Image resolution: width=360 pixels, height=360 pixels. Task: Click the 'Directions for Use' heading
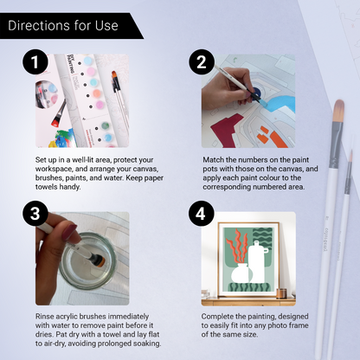[x=63, y=25]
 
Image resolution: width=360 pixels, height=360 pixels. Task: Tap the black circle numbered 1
[x=35, y=61]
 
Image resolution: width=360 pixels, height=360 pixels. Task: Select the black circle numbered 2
[x=202, y=61]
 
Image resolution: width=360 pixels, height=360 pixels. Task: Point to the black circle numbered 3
[x=35, y=214]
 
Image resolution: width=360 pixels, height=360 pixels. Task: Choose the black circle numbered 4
[x=201, y=214]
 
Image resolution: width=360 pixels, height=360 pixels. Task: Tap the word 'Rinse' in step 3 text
[x=44, y=317]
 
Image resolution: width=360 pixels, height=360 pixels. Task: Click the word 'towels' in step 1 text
[x=46, y=187]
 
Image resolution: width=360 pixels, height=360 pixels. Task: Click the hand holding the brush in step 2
[x=227, y=88]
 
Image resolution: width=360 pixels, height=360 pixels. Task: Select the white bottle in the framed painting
[x=257, y=261]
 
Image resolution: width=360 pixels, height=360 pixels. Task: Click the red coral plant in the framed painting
[x=237, y=246]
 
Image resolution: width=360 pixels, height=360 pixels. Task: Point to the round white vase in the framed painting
[x=241, y=273]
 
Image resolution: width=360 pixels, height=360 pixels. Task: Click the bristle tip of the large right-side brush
[x=339, y=111]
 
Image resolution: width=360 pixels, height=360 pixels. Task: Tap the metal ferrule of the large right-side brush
[x=336, y=145]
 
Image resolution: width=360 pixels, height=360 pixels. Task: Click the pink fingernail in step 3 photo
[x=69, y=233]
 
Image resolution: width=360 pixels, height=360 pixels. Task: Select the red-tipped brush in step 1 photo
[x=59, y=113]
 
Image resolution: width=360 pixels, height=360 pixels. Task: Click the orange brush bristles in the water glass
[x=99, y=261]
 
